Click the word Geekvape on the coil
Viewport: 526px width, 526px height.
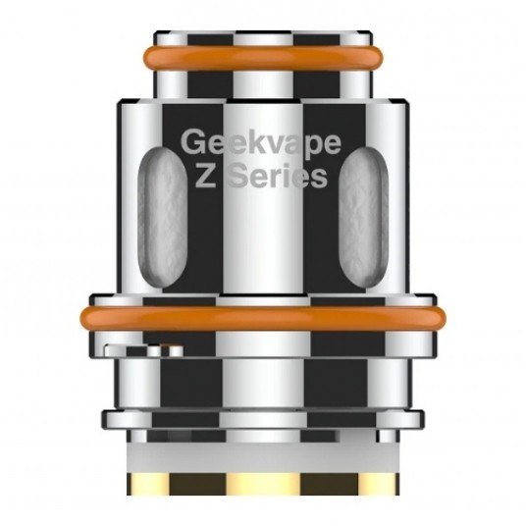(x=261, y=143)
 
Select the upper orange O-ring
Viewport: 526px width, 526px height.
(x=262, y=55)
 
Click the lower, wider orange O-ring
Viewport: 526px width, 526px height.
(x=262, y=319)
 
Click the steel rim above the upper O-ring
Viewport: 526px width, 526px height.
(x=262, y=37)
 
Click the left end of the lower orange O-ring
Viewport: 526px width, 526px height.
(x=86, y=319)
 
